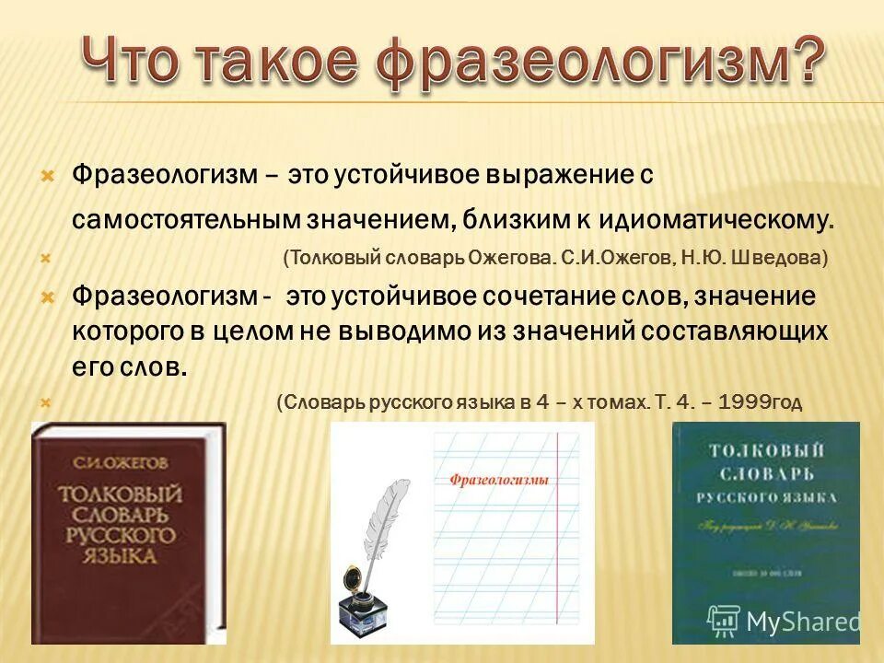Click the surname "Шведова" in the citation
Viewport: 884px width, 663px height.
[782, 260]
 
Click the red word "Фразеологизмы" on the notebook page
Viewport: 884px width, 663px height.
[499, 479]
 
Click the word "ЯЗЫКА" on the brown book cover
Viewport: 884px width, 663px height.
[120, 557]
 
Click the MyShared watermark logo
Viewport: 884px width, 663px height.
[784, 620]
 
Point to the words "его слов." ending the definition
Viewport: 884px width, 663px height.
[130, 366]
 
